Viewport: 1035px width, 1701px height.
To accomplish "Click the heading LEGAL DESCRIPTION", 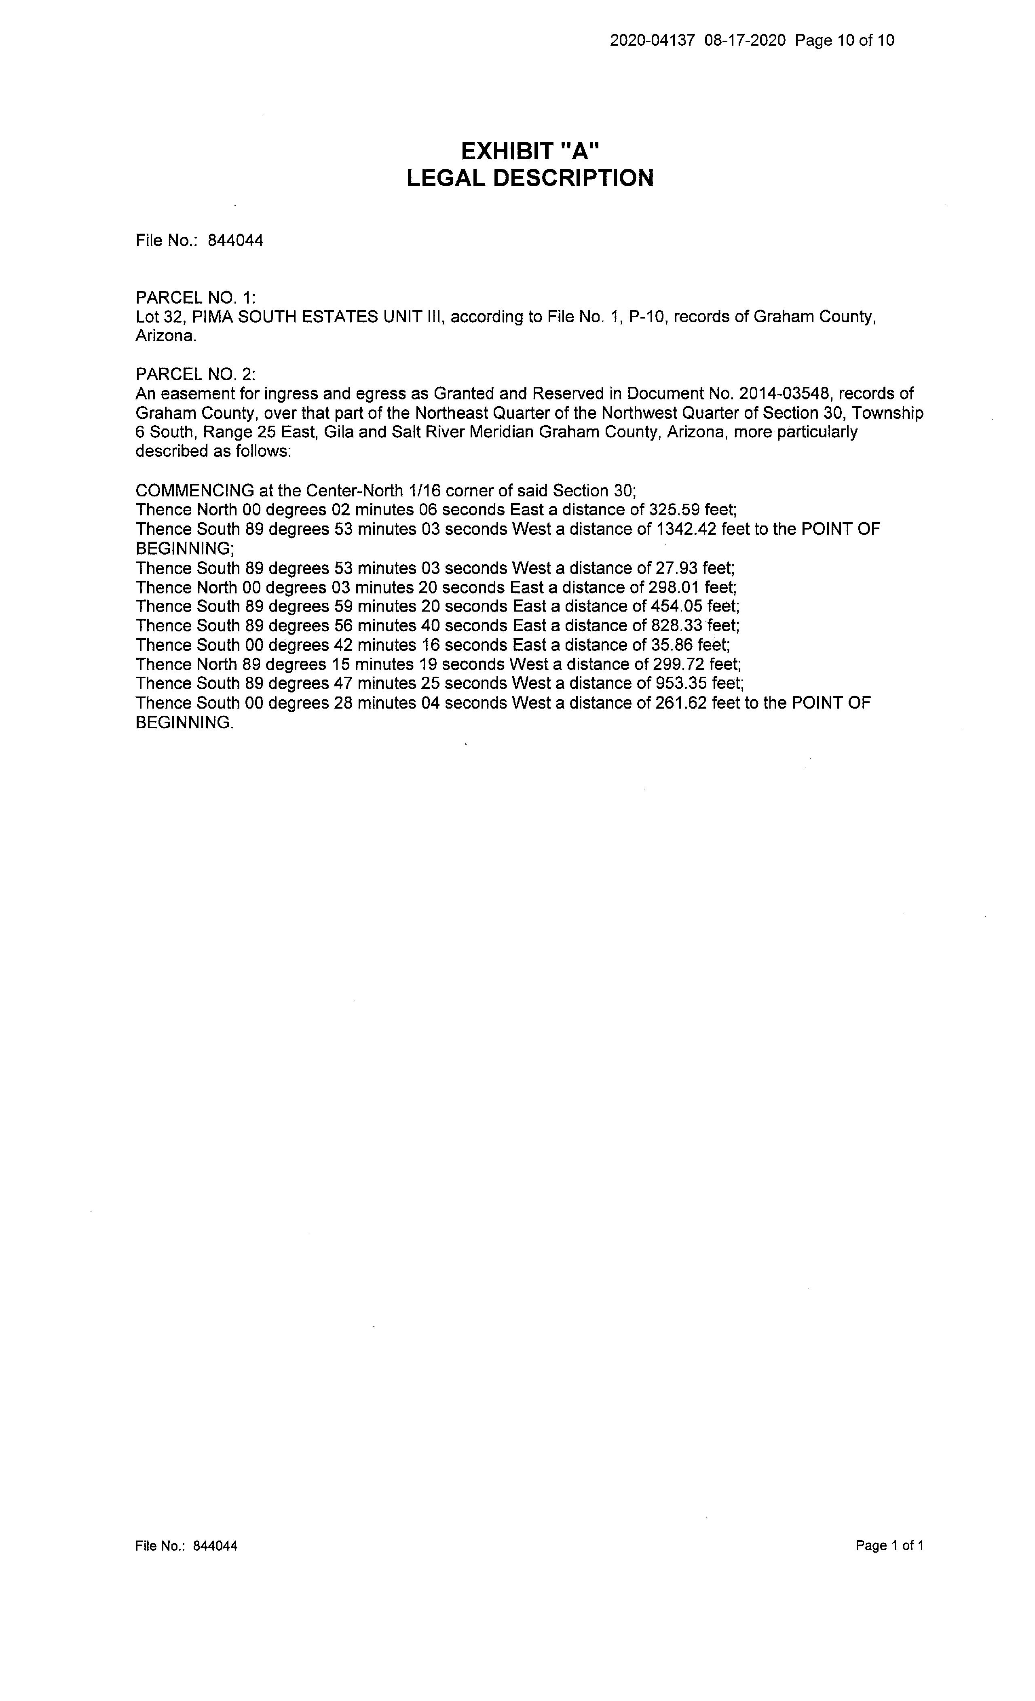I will click(530, 178).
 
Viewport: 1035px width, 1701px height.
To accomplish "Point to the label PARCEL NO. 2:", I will click(195, 374).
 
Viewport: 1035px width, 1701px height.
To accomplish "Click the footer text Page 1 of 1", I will click(889, 1546).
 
